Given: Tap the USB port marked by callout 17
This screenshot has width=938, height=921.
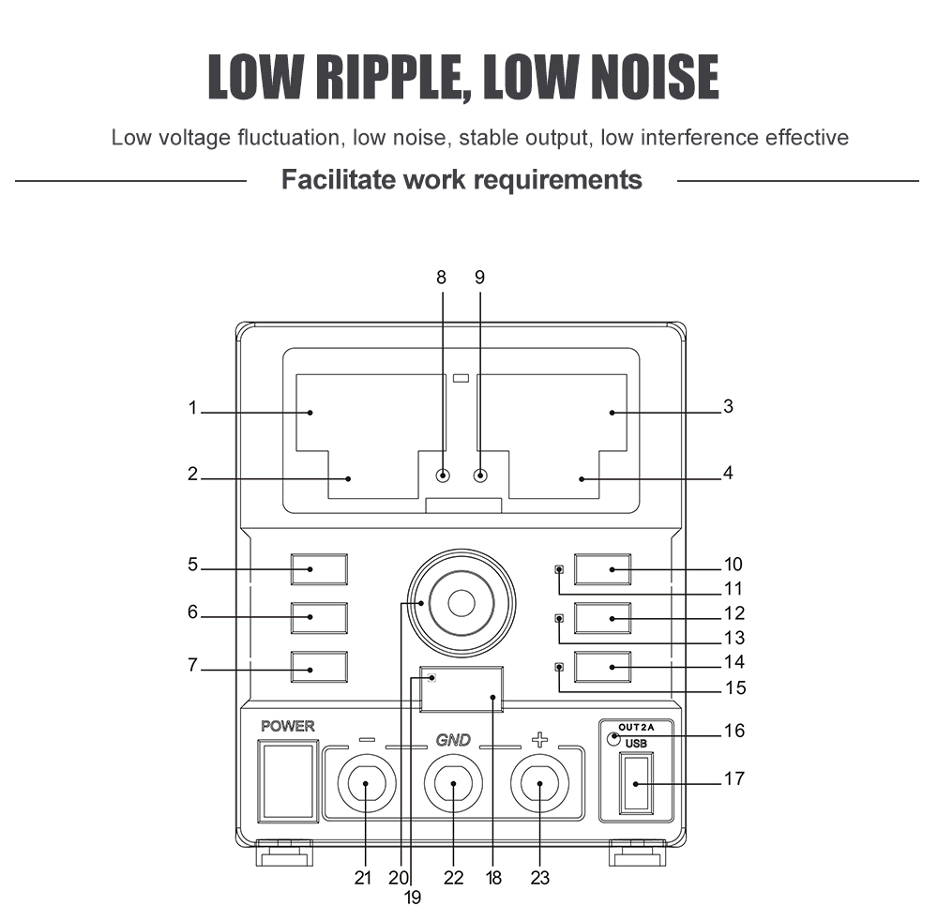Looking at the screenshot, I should coord(635,783).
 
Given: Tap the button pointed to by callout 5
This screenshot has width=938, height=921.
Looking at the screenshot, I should coord(319,569).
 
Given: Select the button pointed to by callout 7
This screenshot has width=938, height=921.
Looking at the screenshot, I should coord(319,666).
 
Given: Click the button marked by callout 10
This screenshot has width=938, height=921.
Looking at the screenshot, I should coord(603,569).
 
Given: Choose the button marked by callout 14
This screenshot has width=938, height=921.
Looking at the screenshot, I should coord(603,666).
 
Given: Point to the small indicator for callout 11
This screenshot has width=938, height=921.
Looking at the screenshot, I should coord(560,570).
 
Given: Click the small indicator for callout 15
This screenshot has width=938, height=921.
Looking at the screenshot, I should coord(560,667).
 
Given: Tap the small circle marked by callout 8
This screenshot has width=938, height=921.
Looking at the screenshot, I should coord(444,476).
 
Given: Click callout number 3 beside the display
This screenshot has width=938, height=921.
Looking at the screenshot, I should coord(728,407).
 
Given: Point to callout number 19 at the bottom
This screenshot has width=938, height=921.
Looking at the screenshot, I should coord(413,898).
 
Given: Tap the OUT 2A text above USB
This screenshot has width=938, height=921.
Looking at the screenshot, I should coord(641,726).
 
